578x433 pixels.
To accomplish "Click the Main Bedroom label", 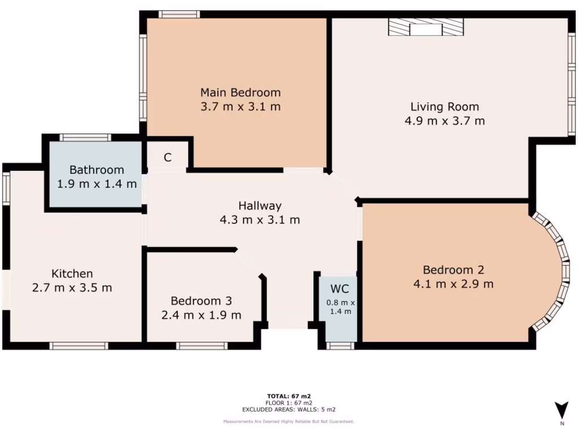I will tap(240, 92).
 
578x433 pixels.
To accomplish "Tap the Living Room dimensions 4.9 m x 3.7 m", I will tap(444, 121).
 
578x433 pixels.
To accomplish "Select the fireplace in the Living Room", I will tap(426, 27).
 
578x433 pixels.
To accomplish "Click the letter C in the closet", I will tap(168, 158).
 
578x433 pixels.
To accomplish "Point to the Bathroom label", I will tap(97, 170).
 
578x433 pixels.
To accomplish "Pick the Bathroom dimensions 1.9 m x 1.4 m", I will tap(97, 184).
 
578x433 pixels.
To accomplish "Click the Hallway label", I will tap(259, 206).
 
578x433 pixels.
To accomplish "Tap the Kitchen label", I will tap(72, 274).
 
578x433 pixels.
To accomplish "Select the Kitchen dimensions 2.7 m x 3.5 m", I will tap(72, 288).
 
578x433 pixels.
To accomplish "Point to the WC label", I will tap(339, 289).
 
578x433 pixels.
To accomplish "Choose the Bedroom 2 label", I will tap(453, 270).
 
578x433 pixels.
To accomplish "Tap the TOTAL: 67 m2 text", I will tap(288, 396).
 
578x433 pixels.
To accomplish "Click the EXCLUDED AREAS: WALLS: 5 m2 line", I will tap(288, 410).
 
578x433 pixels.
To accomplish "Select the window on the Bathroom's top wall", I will tap(85, 137).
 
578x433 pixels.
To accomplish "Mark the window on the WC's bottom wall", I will tap(340, 346).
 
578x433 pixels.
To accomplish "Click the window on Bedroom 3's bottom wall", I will tap(202, 346).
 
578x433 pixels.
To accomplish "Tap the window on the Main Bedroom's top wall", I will tap(179, 14).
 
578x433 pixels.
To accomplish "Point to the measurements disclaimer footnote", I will tap(288, 421).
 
